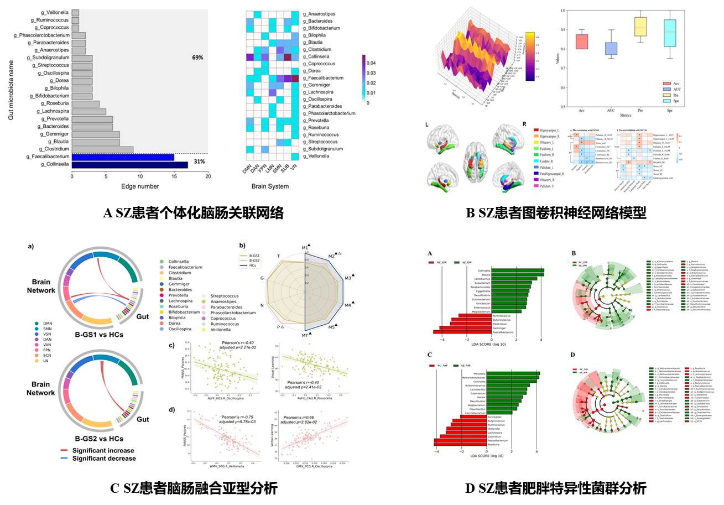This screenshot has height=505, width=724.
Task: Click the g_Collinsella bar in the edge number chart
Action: (x=131, y=164)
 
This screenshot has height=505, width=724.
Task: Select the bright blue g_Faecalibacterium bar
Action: (x=123, y=157)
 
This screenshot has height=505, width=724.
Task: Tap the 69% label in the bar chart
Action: (x=198, y=58)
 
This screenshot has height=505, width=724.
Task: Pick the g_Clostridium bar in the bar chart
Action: (x=102, y=149)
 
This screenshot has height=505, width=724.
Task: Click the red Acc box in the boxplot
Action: (x=581, y=41)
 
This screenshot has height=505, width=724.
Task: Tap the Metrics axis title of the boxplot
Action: (x=624, y=115)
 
